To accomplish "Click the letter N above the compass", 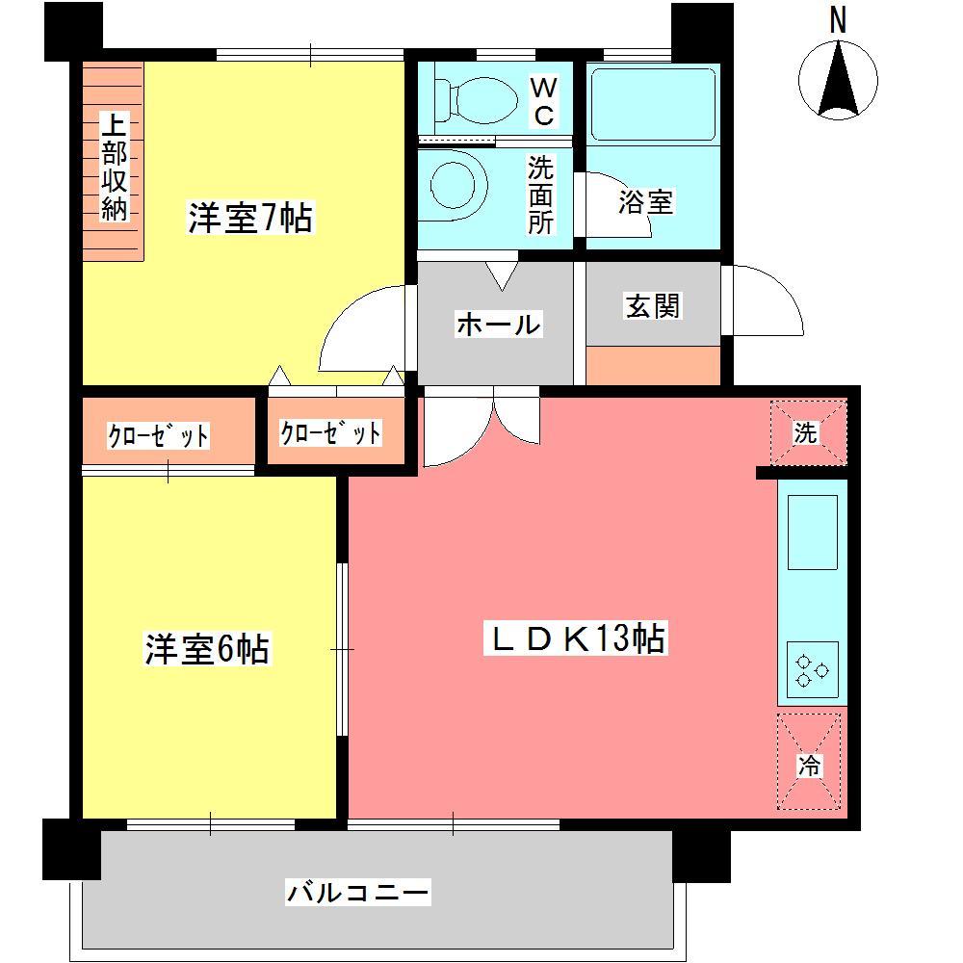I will point(838,21).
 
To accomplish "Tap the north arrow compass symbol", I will point(839,80).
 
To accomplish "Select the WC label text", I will point(543,102).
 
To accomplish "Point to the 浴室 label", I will point(645,202).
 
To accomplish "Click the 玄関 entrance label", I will point(653,305).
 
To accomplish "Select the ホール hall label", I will point(497,325).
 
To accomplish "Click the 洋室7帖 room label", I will point(249,219).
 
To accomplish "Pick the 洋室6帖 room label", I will point(207,648).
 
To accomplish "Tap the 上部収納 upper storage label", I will point(114,169).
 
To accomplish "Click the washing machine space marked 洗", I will point(807,433).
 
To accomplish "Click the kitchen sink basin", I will point(813,533).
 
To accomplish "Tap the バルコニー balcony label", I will point(357,893).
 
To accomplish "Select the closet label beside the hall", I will point(330,433).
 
